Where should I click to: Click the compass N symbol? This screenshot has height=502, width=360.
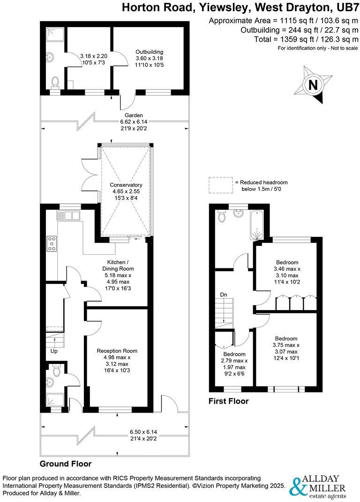point(312,85)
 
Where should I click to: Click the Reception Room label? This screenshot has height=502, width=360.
point(117,350)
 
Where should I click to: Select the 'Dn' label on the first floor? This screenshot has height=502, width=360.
point(225,295)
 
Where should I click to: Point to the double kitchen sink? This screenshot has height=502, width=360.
point(68,215)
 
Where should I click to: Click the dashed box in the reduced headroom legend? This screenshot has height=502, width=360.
point(220,185)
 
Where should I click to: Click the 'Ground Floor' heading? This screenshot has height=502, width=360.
point(65,464)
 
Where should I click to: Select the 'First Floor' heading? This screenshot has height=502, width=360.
point(229,401)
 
